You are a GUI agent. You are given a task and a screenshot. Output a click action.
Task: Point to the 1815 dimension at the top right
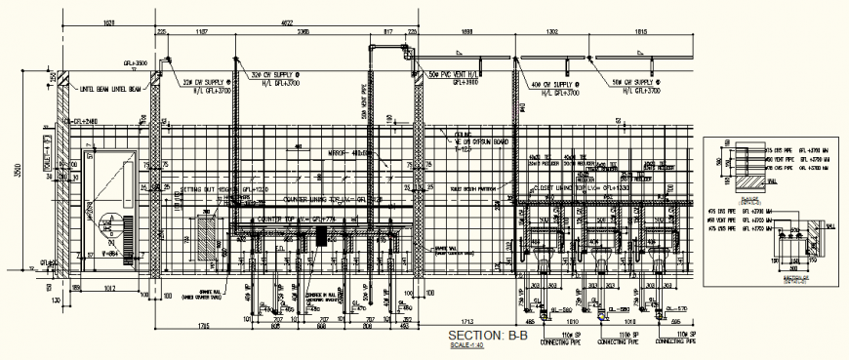click(x=642, y=32)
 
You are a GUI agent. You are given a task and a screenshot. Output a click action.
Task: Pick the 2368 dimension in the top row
click(x=304, y=32)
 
